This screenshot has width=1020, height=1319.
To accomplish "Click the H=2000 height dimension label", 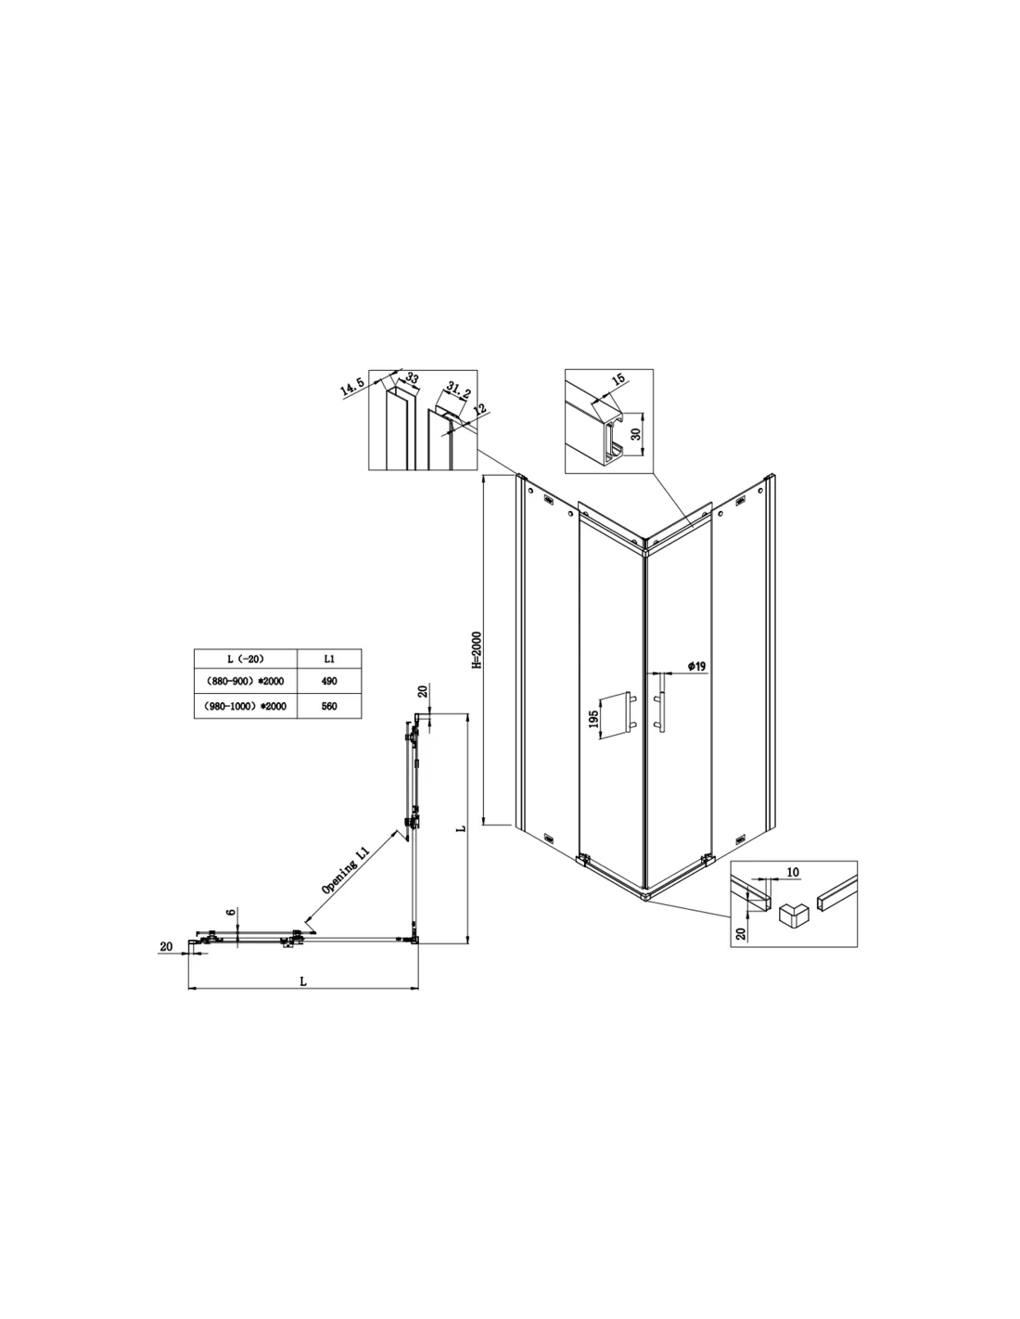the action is click(x=477, y=649).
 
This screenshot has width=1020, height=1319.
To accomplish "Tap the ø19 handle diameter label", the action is click(x=696, y=666).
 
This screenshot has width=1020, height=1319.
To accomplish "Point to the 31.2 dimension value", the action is click(x=458, y=390).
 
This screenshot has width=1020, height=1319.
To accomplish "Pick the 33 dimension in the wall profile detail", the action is click(x=412, y=378).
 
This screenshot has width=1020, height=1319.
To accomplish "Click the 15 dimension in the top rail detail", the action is click(x=618, y=380).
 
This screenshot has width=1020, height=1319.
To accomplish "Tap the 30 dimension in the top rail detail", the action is click(x=635, y=434).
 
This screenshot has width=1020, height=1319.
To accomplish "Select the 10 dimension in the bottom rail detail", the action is click(x=793, y=872).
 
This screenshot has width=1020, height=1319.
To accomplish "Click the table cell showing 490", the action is click(x=329, y=681).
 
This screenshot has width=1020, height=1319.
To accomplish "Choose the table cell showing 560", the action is click(x=329, y=706).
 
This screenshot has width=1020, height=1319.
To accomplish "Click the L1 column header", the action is click(x=329, y=659).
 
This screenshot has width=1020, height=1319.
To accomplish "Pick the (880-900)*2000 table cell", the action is click(x=246, y=681).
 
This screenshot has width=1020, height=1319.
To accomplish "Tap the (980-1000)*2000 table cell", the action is click(x=246, y=706).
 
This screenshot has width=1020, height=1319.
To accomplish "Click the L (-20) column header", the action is click(x=246, y=659).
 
